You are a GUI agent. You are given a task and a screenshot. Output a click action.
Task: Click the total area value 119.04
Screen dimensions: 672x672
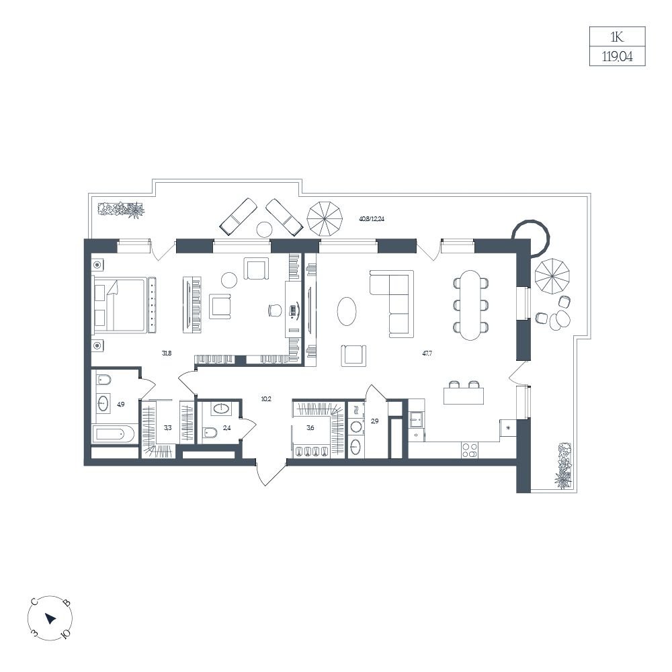[x=617, y=56]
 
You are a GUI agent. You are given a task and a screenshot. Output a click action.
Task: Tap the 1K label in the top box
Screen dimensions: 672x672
[x=617, y=37]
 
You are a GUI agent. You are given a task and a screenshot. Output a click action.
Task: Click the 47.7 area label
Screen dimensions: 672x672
[x=427, y=353]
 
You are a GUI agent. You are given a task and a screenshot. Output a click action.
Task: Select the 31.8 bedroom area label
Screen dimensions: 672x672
[x=167, y=353]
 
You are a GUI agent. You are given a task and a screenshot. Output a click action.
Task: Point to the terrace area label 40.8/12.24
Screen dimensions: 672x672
[x=372, y=218]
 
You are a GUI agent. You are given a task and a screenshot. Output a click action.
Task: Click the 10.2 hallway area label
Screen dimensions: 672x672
[x=266, y=399]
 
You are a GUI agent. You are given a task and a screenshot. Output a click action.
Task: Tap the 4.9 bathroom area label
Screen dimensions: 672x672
[x=120, y=404]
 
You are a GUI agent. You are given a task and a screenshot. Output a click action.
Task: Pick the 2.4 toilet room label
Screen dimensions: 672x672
[x=226, y=427]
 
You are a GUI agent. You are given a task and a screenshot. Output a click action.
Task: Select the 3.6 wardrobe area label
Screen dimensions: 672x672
[x=310, y=427]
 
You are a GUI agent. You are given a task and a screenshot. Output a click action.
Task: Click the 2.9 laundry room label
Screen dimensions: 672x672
[x=374, y=421]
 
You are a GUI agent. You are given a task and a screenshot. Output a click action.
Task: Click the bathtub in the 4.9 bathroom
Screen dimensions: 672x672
[x=113, y=435]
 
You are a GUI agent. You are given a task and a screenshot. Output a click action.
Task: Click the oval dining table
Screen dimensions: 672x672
[x=470, y=305]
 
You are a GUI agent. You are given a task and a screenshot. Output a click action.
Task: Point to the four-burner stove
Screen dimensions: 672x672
[x=470, y=450]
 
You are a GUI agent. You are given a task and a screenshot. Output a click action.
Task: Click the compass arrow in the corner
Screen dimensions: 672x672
[x=50, y=618]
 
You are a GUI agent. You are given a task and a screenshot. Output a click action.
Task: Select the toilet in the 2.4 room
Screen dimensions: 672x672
[x=210, y=432]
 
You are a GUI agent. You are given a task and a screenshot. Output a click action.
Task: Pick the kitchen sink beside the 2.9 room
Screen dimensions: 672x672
[x=416, y=419]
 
